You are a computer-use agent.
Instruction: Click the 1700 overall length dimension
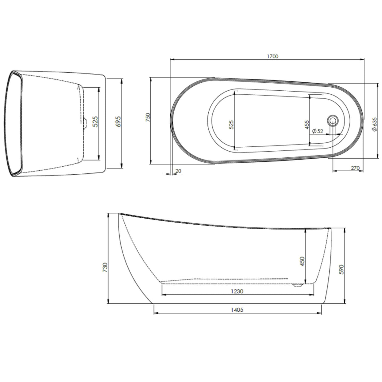pos(273,56)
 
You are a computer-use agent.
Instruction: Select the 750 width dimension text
pos(148,117)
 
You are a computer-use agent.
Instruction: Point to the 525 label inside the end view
pos(95,121)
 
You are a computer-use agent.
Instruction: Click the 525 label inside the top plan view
pos(231,125)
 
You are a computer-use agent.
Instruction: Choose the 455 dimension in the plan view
pos(307,125)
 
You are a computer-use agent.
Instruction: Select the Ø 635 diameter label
pos(375,124)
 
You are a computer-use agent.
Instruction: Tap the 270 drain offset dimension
pos(355,168)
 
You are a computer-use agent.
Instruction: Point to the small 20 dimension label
pos(178,171)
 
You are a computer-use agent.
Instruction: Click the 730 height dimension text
pos(105,267)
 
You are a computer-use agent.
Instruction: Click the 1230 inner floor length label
pos(237,291)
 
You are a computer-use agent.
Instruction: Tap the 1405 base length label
pos(237,310)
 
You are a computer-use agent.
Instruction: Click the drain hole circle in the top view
pos(333,120)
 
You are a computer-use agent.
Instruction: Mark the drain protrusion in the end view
pos(85,123)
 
